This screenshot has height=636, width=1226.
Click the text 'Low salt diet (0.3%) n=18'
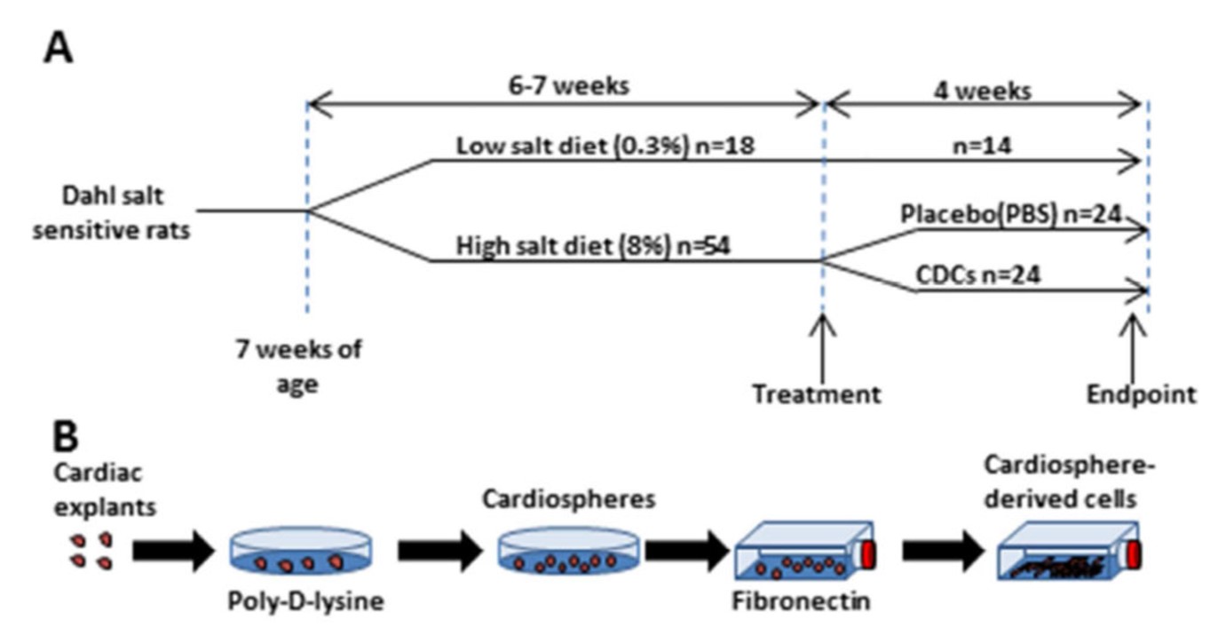[605, 147]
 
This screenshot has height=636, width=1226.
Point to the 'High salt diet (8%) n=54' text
[592, 248]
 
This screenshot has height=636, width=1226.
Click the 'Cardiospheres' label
[568, 499]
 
